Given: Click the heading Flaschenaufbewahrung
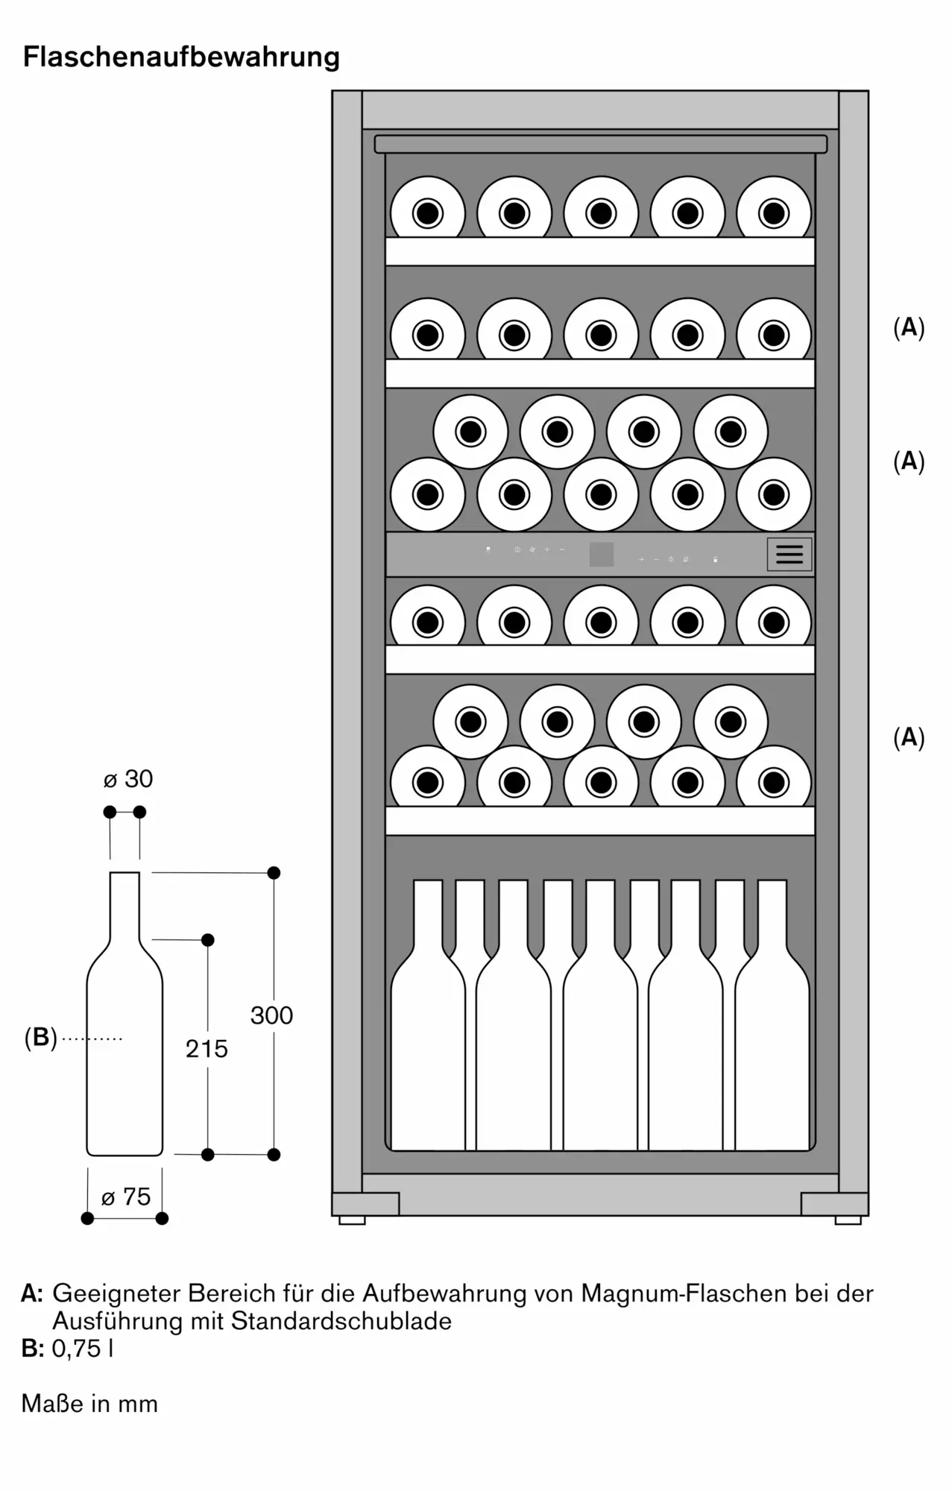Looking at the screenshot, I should pos(181,57).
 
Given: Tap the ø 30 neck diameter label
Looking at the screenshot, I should pos(127,779).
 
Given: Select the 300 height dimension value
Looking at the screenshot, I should pos(271,1015).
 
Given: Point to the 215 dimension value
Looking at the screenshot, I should pos(207,1049).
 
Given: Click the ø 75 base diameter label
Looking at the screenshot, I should pos(126,1197).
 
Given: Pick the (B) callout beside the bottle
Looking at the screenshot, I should pos(40,1037).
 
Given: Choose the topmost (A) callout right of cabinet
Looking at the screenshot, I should pos(909,327).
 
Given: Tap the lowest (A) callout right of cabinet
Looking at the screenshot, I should pos(909,737).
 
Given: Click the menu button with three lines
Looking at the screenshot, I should pos(789,554).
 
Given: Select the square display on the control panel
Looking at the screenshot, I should pos(602,554).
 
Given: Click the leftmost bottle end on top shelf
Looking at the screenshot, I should pos(428,213).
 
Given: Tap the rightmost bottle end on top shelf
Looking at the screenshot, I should pos(774,213).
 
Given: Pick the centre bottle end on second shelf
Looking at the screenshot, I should pos(601,335).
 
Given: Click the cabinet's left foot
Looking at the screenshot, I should pos(352,1220).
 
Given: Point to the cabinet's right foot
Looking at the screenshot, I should pos(848,1220).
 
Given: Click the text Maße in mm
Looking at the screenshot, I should pos(89,1404).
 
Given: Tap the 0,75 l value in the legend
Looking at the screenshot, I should pos(83,1349).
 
